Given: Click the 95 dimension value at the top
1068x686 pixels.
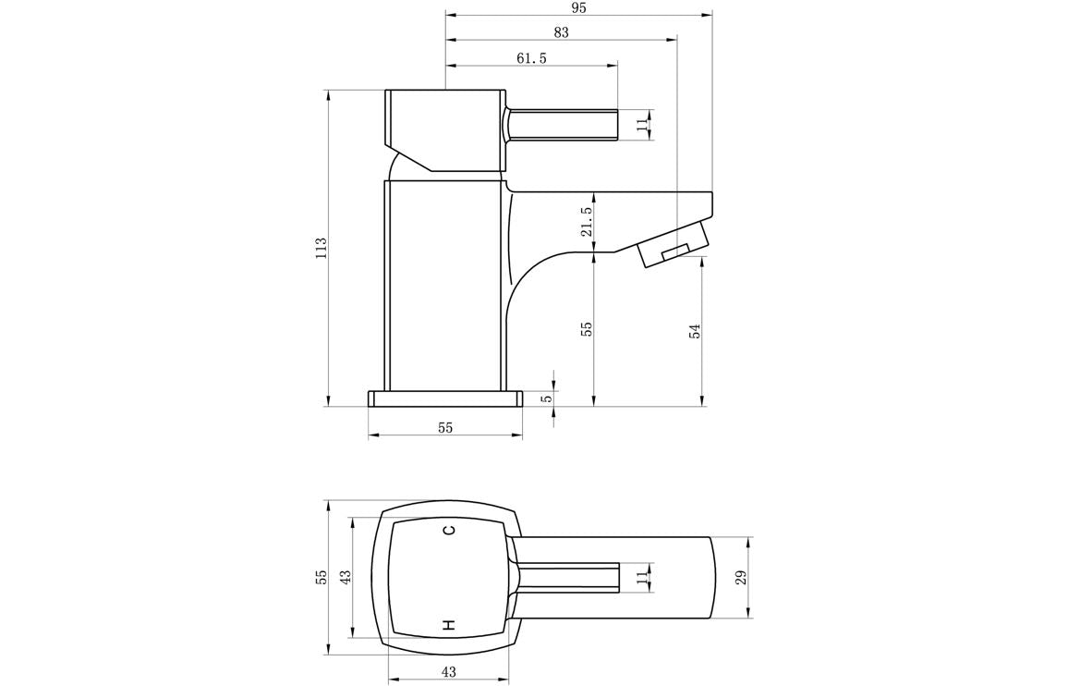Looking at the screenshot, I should point(579,7).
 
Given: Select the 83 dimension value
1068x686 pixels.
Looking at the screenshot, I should point(561,32).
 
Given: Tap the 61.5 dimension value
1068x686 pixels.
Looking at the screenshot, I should point(531,58).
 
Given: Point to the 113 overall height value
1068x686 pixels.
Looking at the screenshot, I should point(322,248).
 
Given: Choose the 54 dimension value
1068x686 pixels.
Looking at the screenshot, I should point(695,330).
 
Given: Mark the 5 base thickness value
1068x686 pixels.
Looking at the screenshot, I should point(546,398).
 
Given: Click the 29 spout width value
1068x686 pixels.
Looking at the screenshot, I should point(740,578).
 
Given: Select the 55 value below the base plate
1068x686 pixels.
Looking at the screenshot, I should point(445,427).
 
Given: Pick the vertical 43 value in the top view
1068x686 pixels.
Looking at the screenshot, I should point(346,577).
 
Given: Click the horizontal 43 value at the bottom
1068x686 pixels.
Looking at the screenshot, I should point(449,672).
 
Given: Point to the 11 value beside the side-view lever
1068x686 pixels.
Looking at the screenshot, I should point(642,124).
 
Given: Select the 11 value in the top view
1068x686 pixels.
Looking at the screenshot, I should point(642,578).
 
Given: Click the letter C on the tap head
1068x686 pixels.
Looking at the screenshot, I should point(449,530).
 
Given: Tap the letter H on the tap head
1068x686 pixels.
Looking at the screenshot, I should point(449,626).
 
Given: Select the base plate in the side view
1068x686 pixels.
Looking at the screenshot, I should point(445,398).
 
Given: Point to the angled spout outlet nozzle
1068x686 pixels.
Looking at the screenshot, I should point(673,246).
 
